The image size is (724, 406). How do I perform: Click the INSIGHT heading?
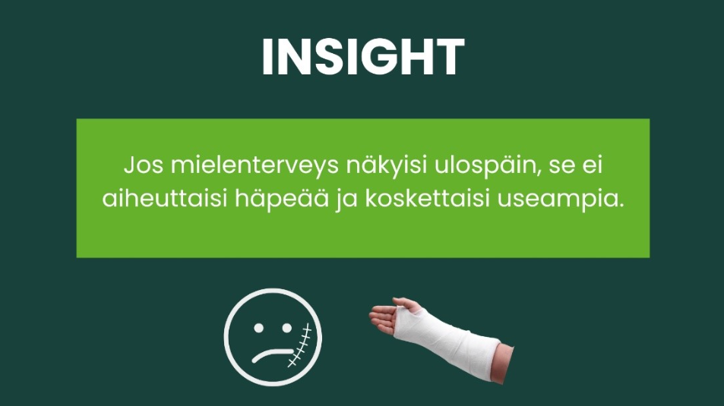(x=363, y=57)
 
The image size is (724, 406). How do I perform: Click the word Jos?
(x=144, y=165)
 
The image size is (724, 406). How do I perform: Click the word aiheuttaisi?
(x=165, y=200)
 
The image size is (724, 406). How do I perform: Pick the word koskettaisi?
(x=428, y=200)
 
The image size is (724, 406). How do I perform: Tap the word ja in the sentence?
(x=347, y=201)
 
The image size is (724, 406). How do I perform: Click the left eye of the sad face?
(x=258, y=328)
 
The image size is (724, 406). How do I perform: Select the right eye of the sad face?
(x=286, y=328)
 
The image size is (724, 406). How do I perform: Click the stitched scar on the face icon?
(x=299, y=346)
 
